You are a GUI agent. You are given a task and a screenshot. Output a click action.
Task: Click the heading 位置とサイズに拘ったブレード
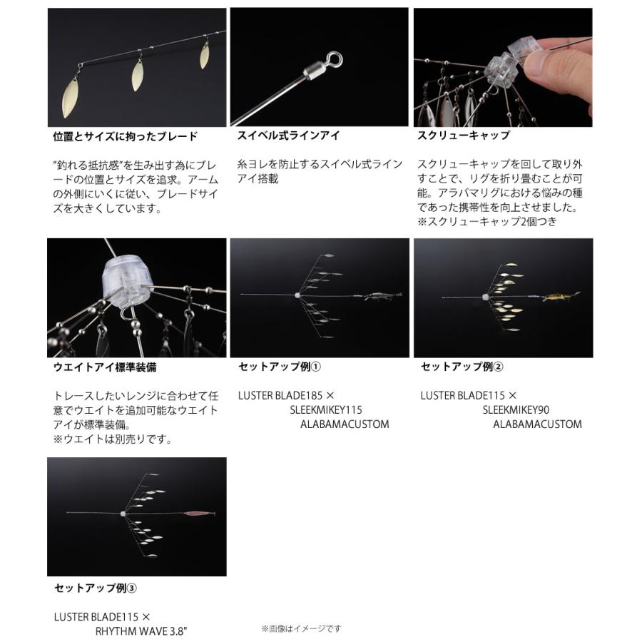pyautogui.click(x=126, y=136)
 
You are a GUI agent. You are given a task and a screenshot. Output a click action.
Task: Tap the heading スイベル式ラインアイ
pyautogui.click(x=288, y=136)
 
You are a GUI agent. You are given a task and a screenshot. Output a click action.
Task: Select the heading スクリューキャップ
pyautogui.click(x=463, y=136)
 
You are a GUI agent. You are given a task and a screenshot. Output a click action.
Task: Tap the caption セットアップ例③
pyautogui.click(x=96, y=588)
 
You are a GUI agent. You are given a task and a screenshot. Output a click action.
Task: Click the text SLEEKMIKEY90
pyautogui.click(x=516, y=409)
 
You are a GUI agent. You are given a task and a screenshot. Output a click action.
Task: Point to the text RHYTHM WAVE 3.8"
pyautogui.click(x=142, y=631)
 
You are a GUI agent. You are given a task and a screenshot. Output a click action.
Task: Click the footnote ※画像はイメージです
pyautogui.click(x=301, y=628)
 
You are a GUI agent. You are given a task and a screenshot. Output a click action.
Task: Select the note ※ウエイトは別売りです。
pyautogui.click(x=113, y=439)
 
